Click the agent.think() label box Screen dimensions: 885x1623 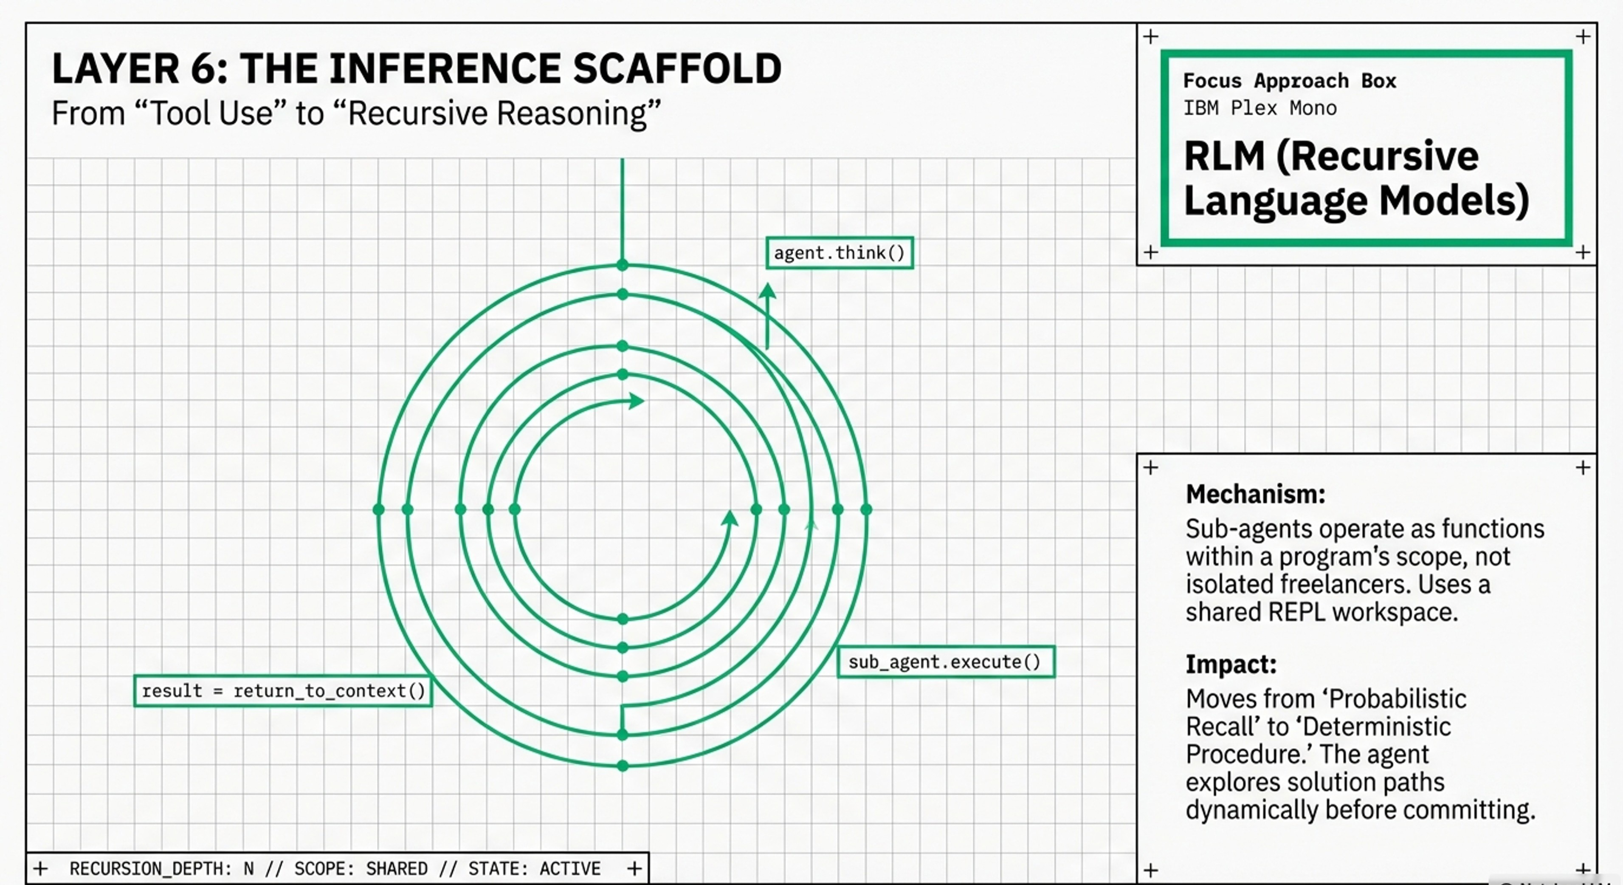(839, 253)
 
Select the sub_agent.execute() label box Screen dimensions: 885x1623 (945, 662)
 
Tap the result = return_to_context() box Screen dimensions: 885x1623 (283, 691)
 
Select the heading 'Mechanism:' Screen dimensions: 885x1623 (1255, 494)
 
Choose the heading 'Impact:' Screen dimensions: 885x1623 (1231, 664)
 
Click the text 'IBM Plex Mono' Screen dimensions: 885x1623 (1260, 108)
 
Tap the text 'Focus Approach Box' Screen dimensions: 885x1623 (1289, 81)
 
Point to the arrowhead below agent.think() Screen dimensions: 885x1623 (767, 291)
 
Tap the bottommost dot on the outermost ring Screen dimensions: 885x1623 (623, 766)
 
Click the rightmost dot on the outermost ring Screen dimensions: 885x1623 (866, 509)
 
